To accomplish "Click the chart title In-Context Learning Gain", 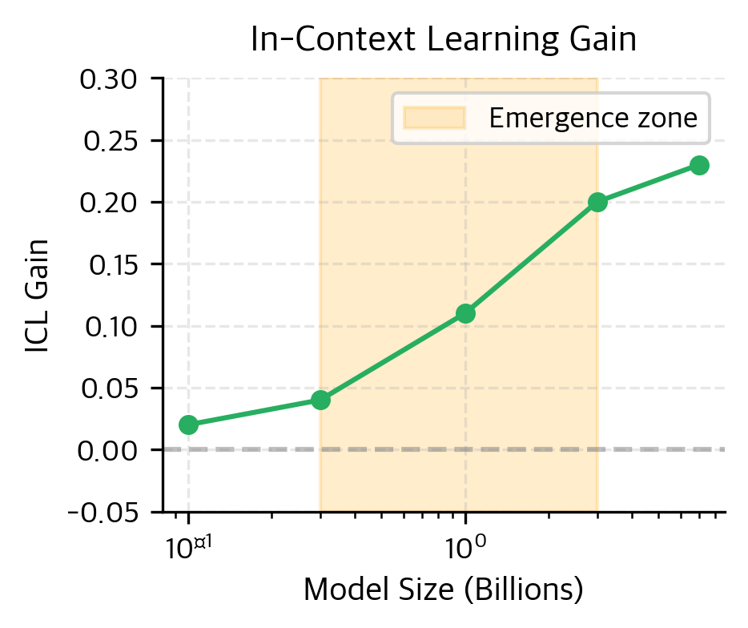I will point(443,40).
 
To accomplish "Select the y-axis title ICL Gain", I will point(38,296).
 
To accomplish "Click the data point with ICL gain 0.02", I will point(188,425).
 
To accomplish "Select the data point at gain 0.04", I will point(320,400).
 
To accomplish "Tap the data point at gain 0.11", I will point(465,313).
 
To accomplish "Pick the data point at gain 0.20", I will point(597,202).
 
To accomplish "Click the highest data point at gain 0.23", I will point(699,165).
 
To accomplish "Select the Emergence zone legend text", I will point(593,119).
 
